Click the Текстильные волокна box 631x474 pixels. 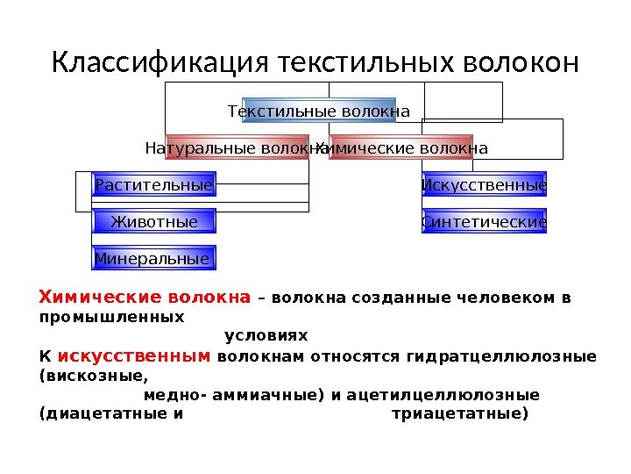[319, 111]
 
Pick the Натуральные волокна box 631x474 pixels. [237, 147]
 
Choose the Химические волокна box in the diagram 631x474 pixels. [401, 147]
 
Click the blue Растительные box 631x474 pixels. [154, 185]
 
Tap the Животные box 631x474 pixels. [154, 222]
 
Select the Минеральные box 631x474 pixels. [154, 259]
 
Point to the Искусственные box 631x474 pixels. [485, 185]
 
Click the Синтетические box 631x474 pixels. [485, 222]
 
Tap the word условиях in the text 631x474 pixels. [266, 336]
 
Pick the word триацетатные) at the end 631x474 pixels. [459, 413]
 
